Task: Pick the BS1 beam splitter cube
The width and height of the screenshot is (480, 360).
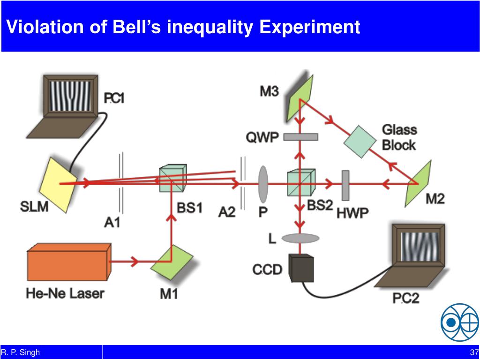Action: tap(172, 179)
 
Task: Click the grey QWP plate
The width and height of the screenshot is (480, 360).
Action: tap(300, 137)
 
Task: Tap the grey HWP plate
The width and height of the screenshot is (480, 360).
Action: tap(346, 184)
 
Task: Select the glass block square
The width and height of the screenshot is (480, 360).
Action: tap(360, 142)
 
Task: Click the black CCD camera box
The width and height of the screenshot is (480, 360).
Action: tap(301, 268)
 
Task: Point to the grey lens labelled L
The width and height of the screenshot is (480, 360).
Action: tap(300, 239)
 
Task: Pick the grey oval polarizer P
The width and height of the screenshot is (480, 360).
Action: tap(263, 183)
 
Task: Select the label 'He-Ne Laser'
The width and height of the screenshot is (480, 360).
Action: tap(65, 294)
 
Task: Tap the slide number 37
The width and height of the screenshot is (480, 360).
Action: tap(473, 352)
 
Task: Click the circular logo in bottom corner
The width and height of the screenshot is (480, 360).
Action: tap(459, 322)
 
